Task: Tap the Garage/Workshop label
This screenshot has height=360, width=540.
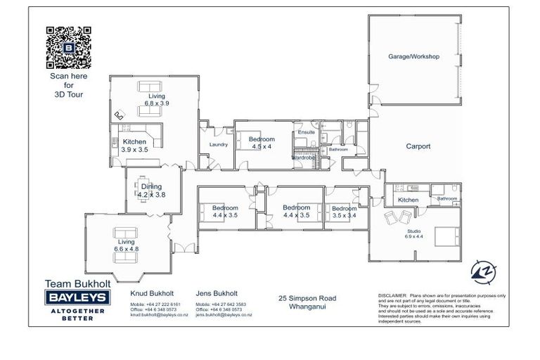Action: point(414,56)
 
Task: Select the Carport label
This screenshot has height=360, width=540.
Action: point(418,147)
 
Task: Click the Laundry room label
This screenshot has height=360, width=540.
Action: point(219,145)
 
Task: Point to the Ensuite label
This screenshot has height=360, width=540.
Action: point(307,132)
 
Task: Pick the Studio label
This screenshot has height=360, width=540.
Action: point(413,230)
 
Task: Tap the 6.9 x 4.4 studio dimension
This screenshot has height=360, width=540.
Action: point(413,237)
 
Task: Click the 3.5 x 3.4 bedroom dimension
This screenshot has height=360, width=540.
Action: point(344,216)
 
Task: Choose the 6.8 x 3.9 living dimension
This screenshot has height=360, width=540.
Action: point(157,103)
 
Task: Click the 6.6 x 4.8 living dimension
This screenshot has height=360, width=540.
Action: point(127,249)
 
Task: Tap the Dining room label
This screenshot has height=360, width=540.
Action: point(151,187)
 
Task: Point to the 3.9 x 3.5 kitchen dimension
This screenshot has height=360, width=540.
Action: point(134,150)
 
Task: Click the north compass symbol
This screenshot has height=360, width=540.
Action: point(482,270)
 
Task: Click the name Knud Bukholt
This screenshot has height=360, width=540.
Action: point(152,293)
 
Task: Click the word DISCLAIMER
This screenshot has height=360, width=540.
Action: point(392,296)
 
